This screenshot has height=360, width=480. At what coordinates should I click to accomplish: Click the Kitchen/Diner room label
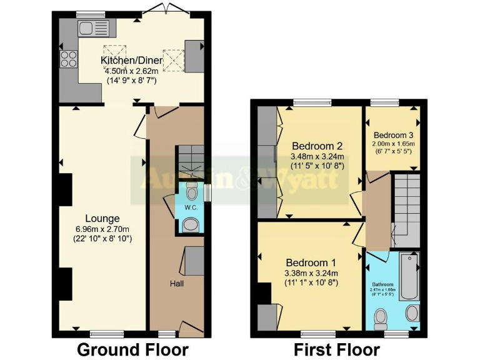132,61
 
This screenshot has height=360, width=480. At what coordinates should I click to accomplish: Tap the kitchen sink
92,27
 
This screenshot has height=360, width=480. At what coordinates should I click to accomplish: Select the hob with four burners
68,59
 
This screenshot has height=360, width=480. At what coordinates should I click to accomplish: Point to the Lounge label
102,219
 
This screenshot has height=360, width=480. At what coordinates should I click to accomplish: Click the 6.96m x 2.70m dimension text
102,229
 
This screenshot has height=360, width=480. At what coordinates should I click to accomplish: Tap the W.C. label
191,207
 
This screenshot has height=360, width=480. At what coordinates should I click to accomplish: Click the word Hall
176,284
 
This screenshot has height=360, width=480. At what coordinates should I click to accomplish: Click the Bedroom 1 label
311,262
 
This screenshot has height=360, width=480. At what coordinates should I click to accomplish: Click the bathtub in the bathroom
409,276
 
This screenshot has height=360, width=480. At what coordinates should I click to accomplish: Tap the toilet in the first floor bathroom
379,319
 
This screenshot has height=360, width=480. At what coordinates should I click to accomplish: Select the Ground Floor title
132,349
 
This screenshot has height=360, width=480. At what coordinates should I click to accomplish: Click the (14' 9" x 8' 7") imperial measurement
132,81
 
